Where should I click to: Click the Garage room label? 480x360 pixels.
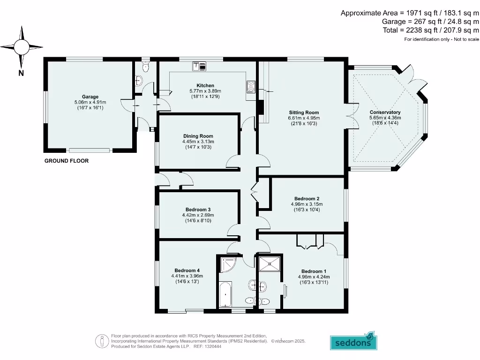90,97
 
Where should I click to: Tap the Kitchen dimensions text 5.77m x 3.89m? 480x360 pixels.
205,91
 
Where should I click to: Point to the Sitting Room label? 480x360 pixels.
304,112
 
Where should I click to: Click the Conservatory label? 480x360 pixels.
385,112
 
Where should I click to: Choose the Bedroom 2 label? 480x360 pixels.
307,198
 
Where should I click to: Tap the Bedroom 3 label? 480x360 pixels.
198,209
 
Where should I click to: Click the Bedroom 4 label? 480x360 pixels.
187,270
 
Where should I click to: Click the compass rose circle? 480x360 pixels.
22,47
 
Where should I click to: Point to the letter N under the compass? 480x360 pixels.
21,73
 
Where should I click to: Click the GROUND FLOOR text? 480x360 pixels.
66,161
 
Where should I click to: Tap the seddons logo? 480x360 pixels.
354,342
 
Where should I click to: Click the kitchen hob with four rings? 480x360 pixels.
251,87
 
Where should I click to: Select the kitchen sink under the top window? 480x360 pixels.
199,66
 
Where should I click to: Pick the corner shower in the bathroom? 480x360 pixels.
228,265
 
